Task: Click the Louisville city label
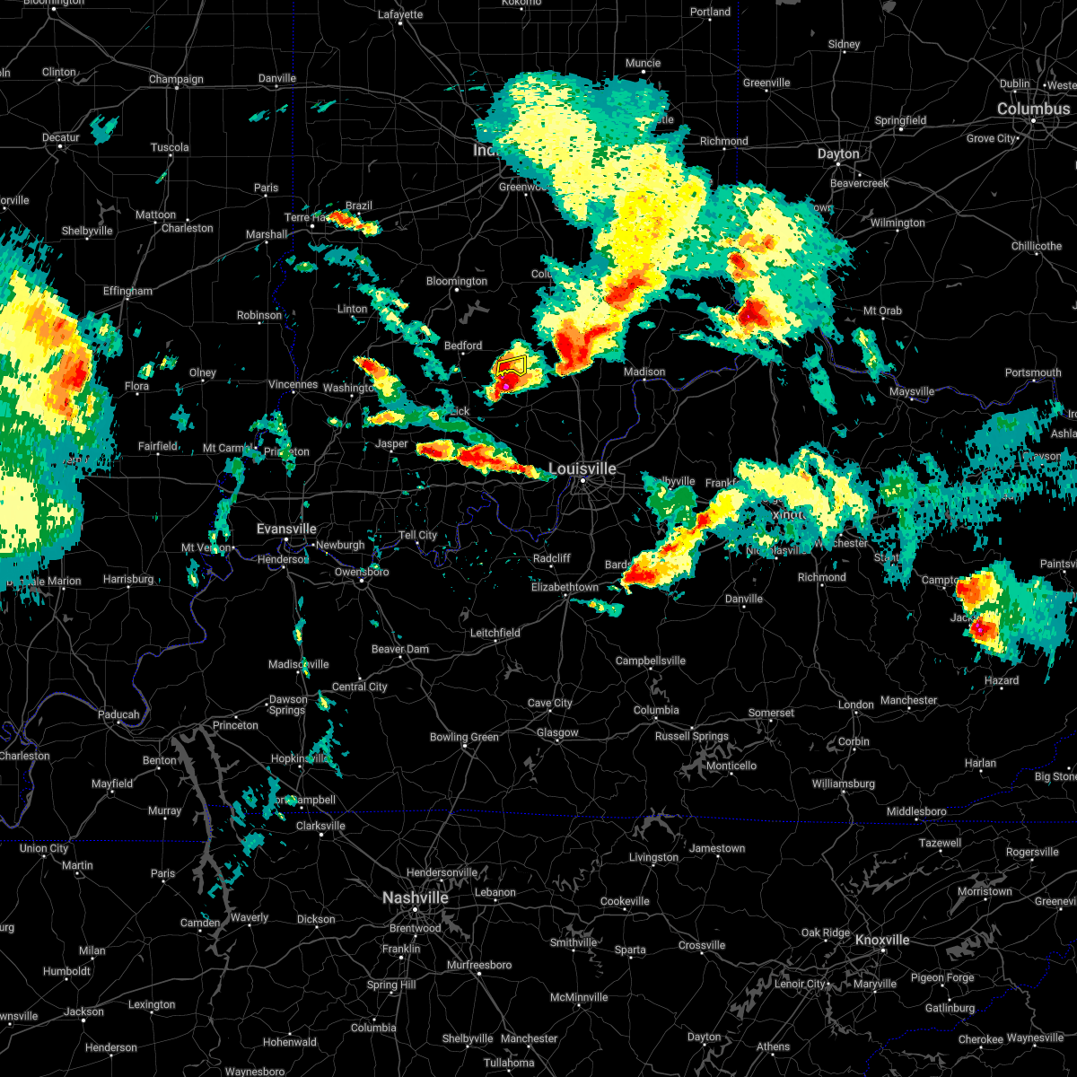click(582, 468)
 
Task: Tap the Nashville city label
click(415, 897)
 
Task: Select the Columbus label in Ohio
click(1033, 109)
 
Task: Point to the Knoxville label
click(881, 940)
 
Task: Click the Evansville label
click(286, 529)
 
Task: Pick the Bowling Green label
click(463, 737)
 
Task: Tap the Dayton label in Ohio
click(837, 153)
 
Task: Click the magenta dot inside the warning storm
click(506, 386)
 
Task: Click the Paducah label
click(118, 714)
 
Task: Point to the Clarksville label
click(320, 826)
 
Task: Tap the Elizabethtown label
click(565, 587)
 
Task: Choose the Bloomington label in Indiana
click(456, 281)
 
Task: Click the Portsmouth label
click(1032, 372)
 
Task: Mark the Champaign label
click(176, 79)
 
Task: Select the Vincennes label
click(293, 384)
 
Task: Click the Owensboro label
click(362, 572)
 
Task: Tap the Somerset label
click(771, 713)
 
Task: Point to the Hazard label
click(1001, 680)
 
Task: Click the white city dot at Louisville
click(582, 481)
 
